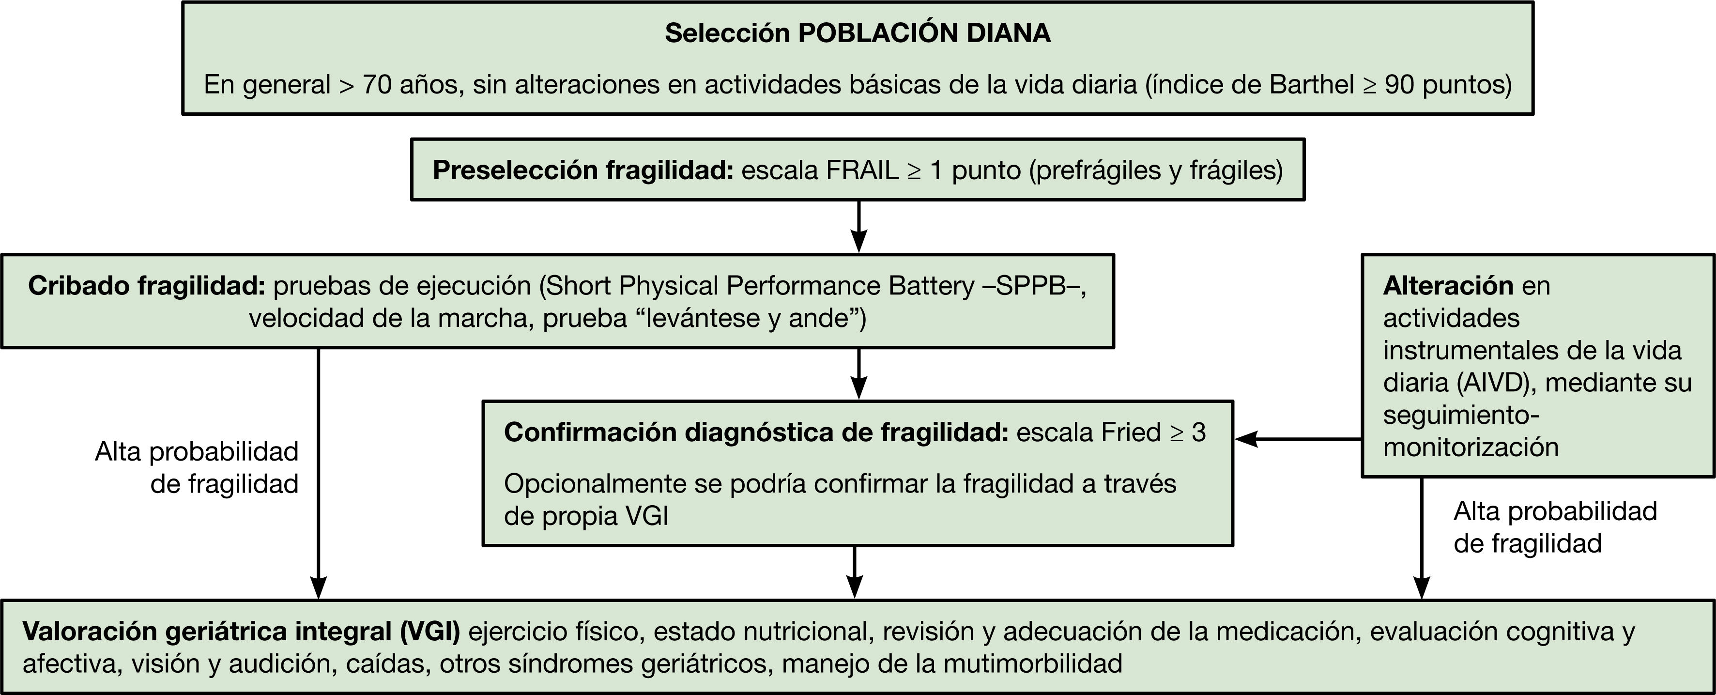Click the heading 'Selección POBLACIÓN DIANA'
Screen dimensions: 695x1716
(x=858, y=33)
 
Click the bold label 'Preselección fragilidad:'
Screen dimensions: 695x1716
(x=583, y=170)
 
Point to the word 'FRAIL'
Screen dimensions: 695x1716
(x=862, y=170)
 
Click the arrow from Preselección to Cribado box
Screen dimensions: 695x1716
(x=859, y=227)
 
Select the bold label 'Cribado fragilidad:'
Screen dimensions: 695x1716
(x=147, y=286)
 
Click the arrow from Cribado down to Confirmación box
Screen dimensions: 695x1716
(x=859, y=373)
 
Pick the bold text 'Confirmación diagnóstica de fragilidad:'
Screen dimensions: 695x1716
(x=756, y=432)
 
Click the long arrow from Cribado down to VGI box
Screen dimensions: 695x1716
(x=319, y=473)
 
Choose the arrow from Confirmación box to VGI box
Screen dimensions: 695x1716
(x=854, y=571)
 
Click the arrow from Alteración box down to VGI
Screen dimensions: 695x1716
(x=1422, y=539)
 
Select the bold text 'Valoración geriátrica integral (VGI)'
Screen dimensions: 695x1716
(x=241, y=632)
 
